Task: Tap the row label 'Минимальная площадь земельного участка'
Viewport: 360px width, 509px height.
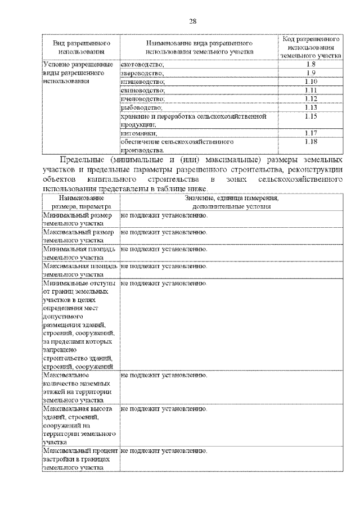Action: (x=80, y=253)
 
